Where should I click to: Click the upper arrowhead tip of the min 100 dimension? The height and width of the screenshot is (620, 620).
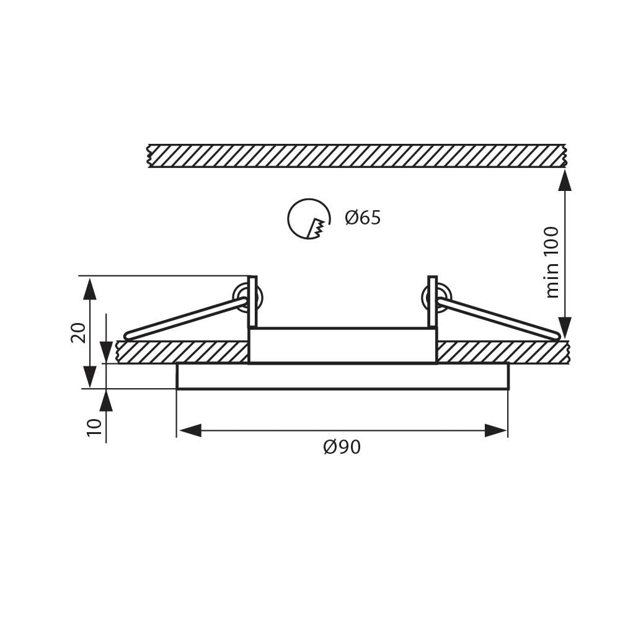click(565, 169)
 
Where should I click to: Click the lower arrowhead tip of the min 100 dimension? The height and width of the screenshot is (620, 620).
click(565, 339)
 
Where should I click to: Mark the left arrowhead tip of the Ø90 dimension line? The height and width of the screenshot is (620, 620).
click(177, 430)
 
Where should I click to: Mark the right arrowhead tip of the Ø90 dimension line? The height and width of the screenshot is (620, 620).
click(507, 430)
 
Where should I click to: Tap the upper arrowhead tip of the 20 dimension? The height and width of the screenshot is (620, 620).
click(91, 277)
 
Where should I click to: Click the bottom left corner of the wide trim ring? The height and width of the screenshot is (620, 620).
click(177, 389)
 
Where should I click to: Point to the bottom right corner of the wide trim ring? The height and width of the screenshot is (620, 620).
click(508, 389)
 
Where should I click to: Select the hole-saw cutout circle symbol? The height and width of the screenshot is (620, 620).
click(309, 219)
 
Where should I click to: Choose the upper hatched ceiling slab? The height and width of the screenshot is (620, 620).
click(358, 156)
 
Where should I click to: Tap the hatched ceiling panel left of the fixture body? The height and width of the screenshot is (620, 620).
click(182, 352)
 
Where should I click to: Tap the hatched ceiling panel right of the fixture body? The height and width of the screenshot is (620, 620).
click(503, 352)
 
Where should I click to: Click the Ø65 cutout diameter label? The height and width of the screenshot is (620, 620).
click(363, 218)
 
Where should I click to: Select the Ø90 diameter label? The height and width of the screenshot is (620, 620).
click(342, 447)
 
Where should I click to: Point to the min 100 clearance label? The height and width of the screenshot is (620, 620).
click(552, 262)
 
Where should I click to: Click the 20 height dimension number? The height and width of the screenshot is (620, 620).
click(78, 332)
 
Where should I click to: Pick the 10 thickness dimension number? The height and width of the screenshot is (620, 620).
click(94, 427)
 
